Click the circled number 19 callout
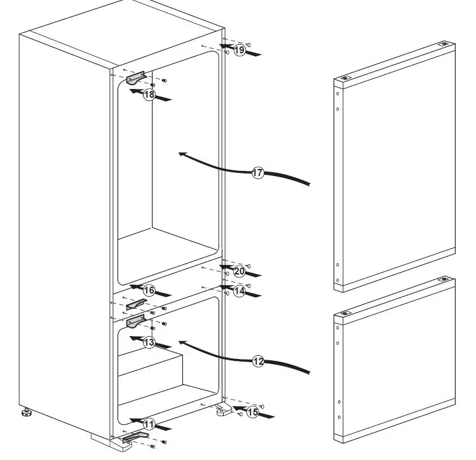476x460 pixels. tap(239, 50)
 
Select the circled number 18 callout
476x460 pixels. tap(149, 95)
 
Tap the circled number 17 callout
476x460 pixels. tap(257, 173)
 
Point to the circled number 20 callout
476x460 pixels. tap(239, 271)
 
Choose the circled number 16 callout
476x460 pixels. tap(149, 290)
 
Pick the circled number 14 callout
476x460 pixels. tap(239, 291)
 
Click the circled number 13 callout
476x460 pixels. tap(149, 342)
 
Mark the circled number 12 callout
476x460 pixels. tap(257, 361)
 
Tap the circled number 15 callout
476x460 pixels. tap(252, 412)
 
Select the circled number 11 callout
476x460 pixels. tap(149, 424)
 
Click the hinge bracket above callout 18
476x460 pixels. tap(136, 77)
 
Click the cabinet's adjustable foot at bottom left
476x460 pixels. tap(27, 413)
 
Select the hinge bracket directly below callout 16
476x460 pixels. tap(136, 305)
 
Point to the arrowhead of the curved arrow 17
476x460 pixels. tap(182, 154)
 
